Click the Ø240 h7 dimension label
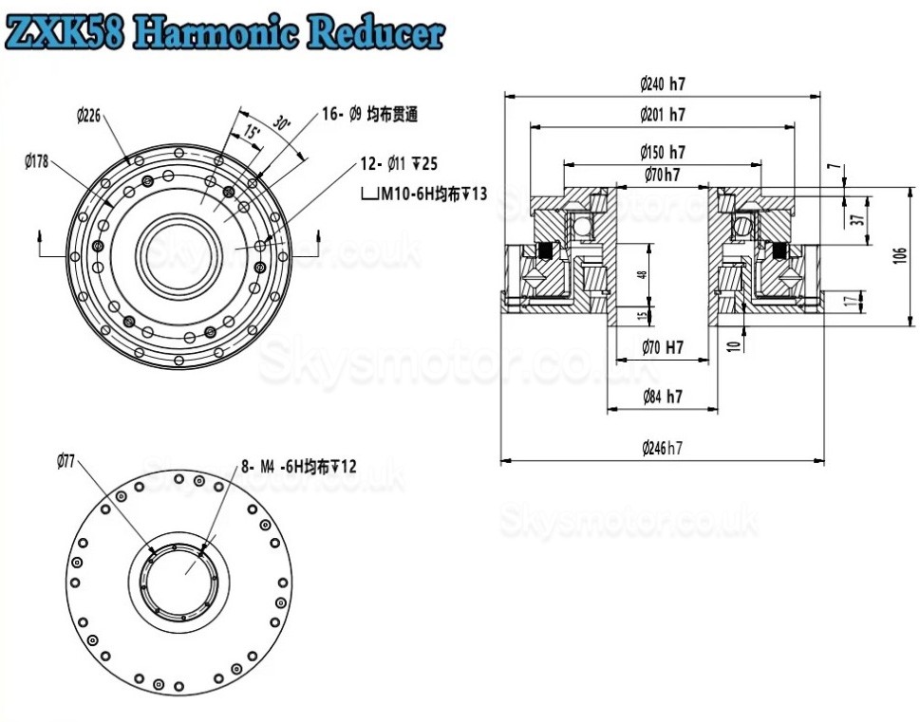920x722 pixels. [662, 83]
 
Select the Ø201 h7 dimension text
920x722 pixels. [662, 115]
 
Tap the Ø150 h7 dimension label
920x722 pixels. [662, 152]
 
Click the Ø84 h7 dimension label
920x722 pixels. [662, 397]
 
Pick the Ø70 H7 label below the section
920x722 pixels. [662, 348]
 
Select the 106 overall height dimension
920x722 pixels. [899, 255]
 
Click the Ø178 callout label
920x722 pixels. [37, 161]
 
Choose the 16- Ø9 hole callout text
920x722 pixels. [369, 115]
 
